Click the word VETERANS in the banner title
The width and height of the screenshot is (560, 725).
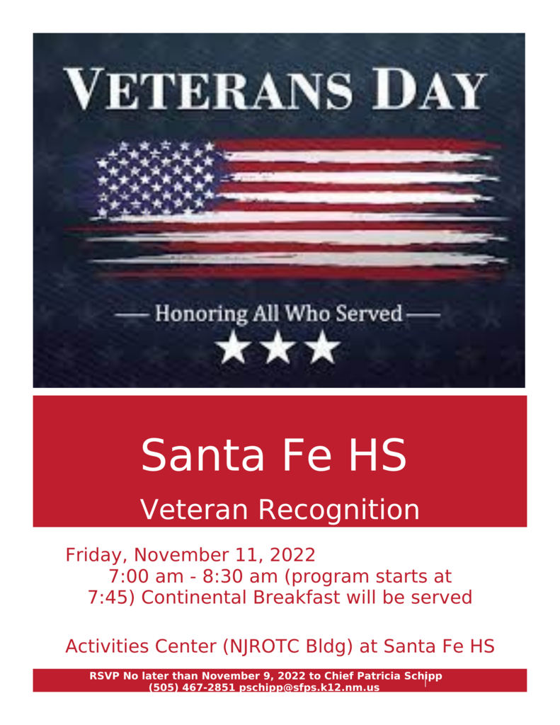pos(207,89)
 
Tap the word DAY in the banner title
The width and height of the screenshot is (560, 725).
pos(430,89)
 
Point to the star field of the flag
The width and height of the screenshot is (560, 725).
pos(156,178)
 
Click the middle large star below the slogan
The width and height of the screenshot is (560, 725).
pos(278,346)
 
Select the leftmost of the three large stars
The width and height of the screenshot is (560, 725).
pos(234,346)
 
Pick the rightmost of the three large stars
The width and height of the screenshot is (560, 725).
pos(322,346)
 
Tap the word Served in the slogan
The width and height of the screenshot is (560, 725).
pos(369,313)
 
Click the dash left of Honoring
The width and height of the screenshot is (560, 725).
pos(132,315)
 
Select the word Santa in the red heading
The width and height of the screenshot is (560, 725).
pos(202,455)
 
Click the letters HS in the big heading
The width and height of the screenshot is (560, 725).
pos(377,455)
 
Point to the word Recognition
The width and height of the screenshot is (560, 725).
pos(338,510)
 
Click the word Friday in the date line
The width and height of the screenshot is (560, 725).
pos(96,555)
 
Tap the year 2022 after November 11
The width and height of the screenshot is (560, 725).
pos(292,554)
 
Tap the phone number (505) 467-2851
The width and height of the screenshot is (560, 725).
pos(192,687)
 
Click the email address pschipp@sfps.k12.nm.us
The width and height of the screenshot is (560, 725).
pos(309,687)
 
